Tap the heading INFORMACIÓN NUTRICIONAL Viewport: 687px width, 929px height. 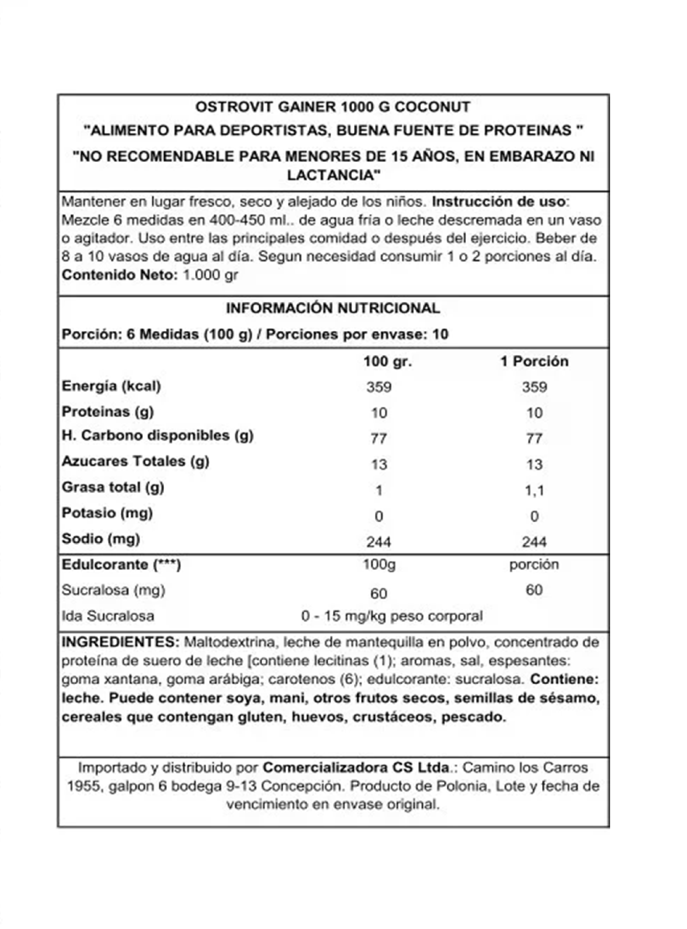pos(333,308)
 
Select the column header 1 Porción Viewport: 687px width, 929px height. pos(534,361)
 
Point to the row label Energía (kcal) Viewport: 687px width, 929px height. pos(111,386)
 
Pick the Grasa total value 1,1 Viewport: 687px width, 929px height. pos(534,491)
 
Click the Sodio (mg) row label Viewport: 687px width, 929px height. pos(100,539)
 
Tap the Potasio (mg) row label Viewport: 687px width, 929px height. pos(107,513)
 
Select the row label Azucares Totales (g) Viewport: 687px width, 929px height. pos(135,461)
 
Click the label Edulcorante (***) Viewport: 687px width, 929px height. pos(121,565)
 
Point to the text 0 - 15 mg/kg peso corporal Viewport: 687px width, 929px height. pos(392,616)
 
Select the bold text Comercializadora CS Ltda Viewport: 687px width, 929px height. pos(356,768)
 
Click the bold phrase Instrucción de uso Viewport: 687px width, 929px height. pos(499,202)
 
